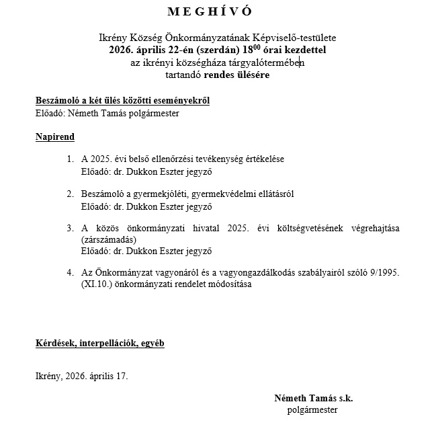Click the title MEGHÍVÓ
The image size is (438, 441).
(x=220, y=11)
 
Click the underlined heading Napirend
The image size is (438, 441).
(x=55, y=137)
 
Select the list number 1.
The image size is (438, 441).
(x=71, y=159)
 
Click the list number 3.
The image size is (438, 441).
(x=71, y=228)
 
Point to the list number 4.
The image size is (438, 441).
(x=71, y=273)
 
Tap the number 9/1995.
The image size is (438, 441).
(x=386, y=273)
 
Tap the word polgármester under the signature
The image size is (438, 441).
(x=312, y=409)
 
